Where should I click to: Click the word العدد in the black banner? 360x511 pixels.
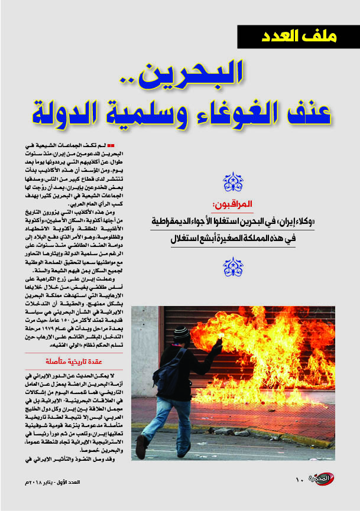(285, 37)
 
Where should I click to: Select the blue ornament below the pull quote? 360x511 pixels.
(233, 266)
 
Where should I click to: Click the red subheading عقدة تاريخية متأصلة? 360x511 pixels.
(70, 359)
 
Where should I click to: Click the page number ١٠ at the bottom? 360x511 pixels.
(299, 479)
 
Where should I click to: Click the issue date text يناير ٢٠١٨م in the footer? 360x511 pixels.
(59, 483)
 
